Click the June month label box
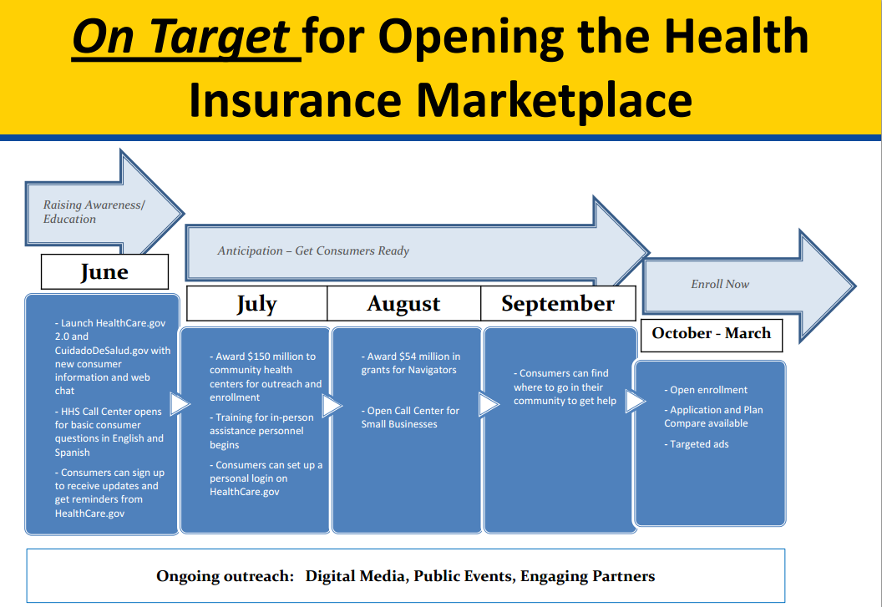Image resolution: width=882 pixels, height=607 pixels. tap(104, 271)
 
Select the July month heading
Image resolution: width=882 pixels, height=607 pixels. tap(256, 304)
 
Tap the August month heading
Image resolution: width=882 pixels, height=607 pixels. tap(404, 304)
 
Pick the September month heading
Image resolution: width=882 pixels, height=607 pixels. tap(558, 304)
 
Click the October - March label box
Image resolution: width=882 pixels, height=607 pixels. tap(712, 336)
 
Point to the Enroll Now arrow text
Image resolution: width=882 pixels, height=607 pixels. tap(720, 284)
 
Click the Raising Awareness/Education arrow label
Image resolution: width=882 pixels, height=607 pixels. tap(94, 212)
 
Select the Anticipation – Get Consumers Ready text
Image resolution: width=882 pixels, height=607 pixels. tap(313, 251)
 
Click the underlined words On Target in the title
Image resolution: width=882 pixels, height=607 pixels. tap(181, 37)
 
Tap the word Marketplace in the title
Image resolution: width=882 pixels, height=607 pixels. tap(554, 100)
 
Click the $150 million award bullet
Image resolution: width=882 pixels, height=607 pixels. tap(266, 377)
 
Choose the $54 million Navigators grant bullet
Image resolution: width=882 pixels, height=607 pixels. tap(411, 363)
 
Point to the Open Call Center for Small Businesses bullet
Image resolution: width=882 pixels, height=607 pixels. tap(410, 417)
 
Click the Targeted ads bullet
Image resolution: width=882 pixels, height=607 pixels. tap(697, 444)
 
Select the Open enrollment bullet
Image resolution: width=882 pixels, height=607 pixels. tap(706, 390)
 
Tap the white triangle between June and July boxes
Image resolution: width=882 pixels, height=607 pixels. tap(180, 404)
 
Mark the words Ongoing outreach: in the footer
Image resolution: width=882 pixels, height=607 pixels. tap(225, 577)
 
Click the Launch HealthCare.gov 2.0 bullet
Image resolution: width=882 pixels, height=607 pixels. tap(113, 357)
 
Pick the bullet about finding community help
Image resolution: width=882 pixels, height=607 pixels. tap(565, 387)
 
